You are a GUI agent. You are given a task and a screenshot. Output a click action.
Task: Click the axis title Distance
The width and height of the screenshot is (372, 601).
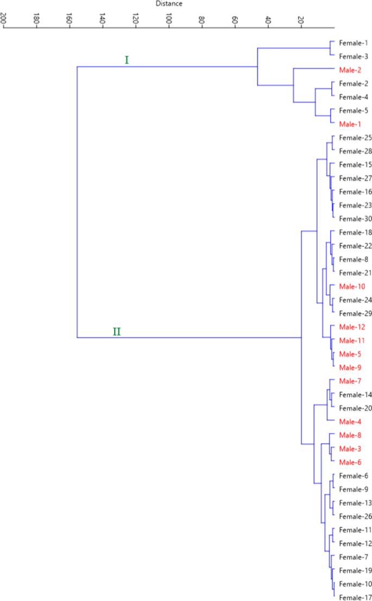tap(169, 4)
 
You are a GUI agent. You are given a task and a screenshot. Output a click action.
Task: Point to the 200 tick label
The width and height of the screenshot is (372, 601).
tap(4, 20)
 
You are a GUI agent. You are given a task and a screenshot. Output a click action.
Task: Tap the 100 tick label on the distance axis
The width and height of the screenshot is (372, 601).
tap(169, 20)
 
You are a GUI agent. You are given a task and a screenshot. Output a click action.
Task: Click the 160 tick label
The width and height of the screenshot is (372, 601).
tap(71, 20)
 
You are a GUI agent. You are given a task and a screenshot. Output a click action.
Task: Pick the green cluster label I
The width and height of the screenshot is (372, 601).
tap(127, 60)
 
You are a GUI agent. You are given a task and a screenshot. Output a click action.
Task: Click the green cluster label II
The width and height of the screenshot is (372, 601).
tap(117, 331)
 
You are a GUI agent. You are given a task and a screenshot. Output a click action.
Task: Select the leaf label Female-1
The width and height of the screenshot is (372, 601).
tap(353, 43)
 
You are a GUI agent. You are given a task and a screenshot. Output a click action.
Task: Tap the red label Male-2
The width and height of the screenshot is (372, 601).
tap(351, 70)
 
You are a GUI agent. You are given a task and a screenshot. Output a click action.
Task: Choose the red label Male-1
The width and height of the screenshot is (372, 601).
tap(351, 124)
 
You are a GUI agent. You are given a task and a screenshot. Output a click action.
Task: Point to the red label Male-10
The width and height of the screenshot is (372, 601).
tap(352, 287)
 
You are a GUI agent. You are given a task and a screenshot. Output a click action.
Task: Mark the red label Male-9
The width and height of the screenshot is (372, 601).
tap(351, 368)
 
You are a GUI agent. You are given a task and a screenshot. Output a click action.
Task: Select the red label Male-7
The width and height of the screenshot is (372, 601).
tap(351, 381)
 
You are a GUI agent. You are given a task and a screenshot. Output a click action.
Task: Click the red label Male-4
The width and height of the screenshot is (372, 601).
tap(351, 422)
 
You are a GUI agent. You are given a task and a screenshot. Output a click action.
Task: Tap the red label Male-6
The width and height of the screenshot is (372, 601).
tap(351, 463)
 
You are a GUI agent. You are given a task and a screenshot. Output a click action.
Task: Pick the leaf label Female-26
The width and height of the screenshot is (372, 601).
tap(355, 516)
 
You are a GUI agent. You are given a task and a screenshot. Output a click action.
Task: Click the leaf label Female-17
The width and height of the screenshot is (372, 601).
tap(355, 598)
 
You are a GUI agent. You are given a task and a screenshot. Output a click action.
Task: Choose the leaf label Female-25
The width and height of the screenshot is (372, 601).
tap(355, 138)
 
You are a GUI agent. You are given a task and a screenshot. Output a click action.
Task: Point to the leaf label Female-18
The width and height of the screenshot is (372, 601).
tap(355, 232)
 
